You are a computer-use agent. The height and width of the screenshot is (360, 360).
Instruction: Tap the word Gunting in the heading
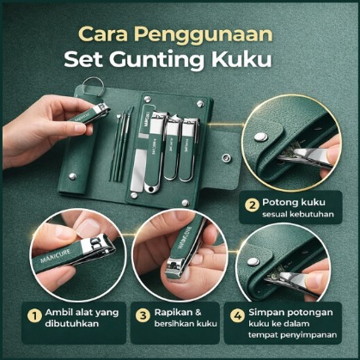(156, 61)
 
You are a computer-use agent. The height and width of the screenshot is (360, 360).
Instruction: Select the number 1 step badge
(34, 316)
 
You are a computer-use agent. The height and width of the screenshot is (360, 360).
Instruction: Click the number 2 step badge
(252, 204)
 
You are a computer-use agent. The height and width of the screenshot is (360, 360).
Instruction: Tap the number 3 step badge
(143, 316)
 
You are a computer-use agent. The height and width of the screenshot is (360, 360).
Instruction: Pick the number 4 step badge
(238, 316)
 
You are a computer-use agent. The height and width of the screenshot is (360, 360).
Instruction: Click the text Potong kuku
(294, 202)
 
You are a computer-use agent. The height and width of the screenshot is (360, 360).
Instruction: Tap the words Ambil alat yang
(82, 313)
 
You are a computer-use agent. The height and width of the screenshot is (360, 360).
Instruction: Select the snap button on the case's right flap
(227, 157)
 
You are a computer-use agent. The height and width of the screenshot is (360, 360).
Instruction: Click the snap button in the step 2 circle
(260, 137)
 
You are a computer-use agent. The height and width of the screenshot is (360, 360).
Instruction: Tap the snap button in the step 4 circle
(253, 261)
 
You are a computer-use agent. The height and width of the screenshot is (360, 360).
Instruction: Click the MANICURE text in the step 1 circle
(56, 256)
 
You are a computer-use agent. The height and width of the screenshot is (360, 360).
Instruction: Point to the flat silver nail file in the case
(137, 169)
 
